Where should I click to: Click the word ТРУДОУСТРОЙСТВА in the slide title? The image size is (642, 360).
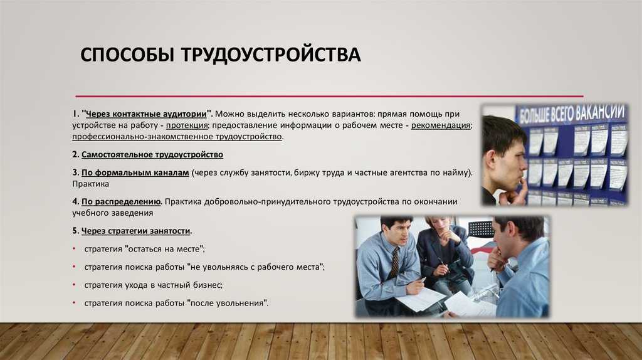point(271,55)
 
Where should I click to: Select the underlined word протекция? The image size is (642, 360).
point(187,125)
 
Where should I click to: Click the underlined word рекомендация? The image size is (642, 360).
point(441,125)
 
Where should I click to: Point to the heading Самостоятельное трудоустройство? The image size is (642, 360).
point(152,155)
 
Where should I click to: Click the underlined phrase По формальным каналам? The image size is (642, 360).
point(135,173)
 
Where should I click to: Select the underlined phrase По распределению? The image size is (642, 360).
point(121,202)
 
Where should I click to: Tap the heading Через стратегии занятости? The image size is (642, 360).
point(136,231)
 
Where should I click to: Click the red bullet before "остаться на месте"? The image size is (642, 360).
point(74,248)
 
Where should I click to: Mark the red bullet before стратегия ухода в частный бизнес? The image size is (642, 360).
point(74,285)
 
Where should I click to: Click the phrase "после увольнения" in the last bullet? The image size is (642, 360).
point(227,303)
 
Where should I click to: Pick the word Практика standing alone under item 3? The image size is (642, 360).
point(90,184)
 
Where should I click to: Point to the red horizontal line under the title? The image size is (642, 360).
point(330,96)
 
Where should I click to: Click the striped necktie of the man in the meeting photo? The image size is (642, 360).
point(394,263)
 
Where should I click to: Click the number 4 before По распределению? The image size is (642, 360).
point(75,202)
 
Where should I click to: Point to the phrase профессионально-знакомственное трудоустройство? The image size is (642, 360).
point(177,137)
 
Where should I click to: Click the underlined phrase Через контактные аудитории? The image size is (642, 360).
point(146,114)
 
